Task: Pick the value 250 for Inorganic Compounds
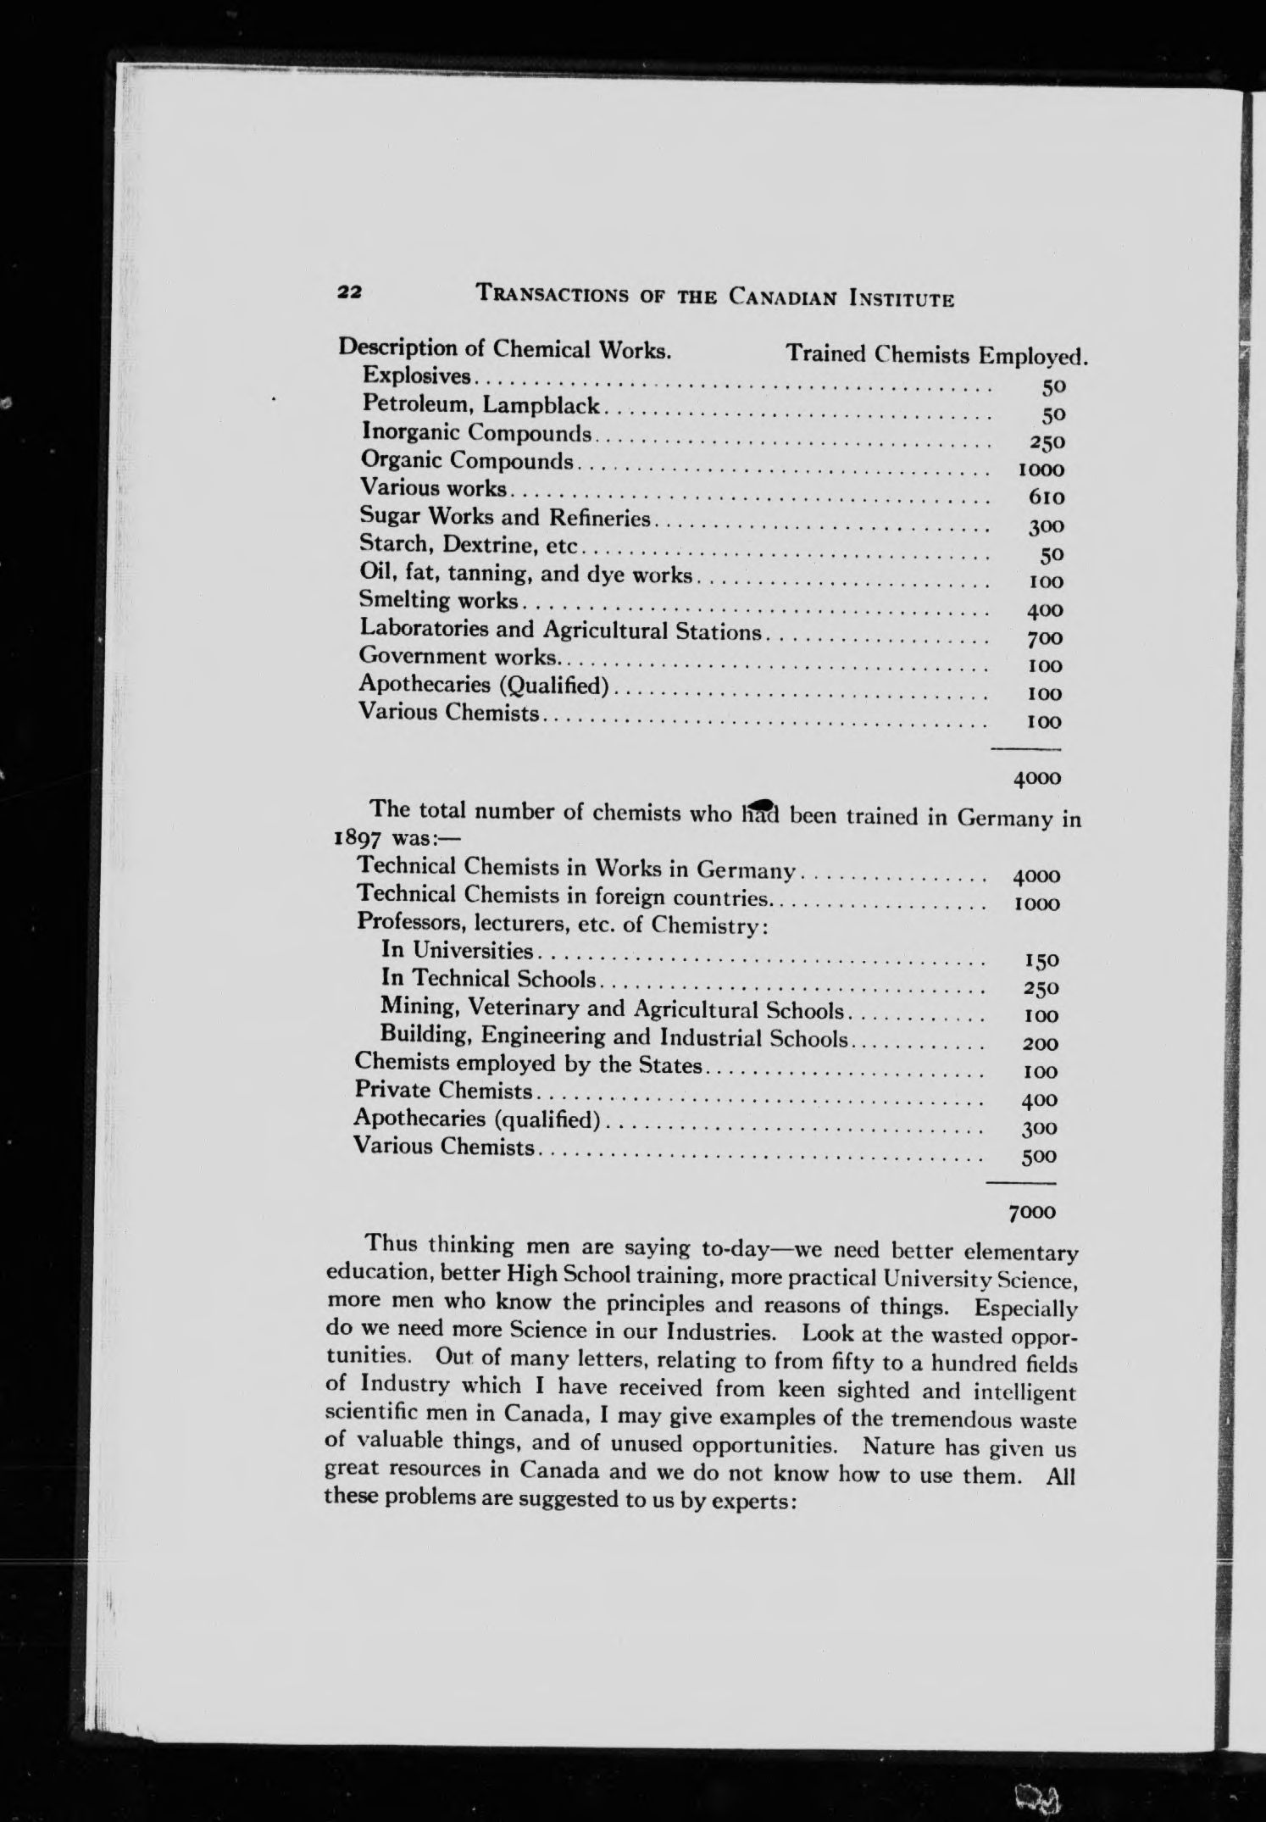1041,442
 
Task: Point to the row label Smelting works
438,601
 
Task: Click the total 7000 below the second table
1031,1212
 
